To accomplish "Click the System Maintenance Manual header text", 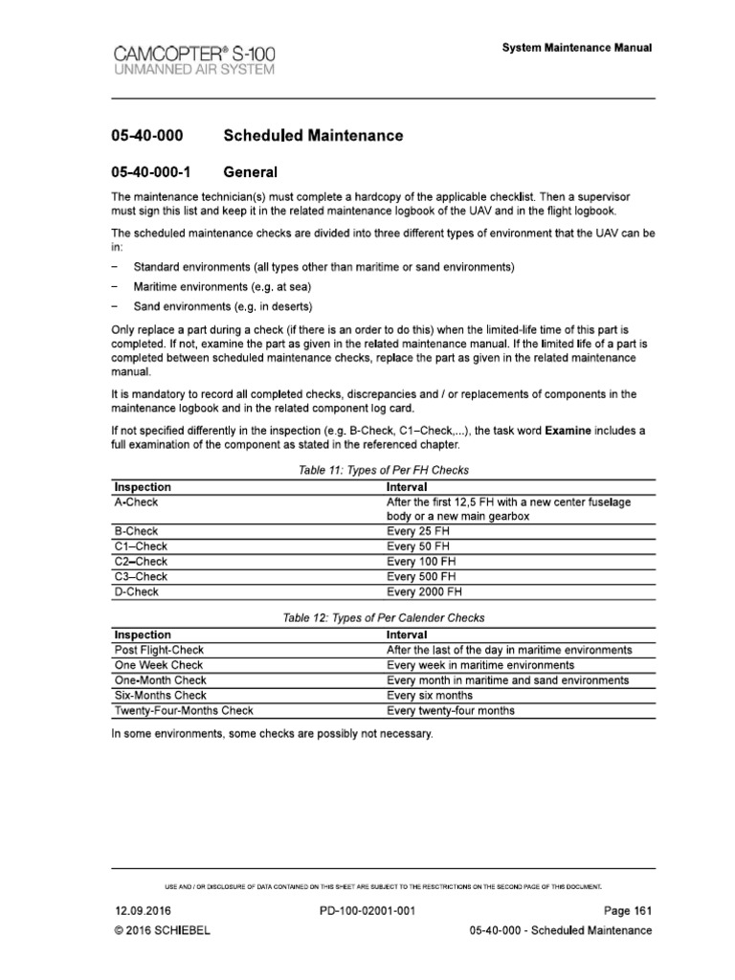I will pos(577,48).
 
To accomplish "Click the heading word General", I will pos(250,173).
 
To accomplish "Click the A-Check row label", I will pos(136,501).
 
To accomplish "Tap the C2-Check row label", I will pos(141,561).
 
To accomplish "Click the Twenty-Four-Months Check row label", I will pos(184,710).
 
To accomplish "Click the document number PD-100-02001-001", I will pos(367,911).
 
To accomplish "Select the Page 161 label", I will pos(627,911).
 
